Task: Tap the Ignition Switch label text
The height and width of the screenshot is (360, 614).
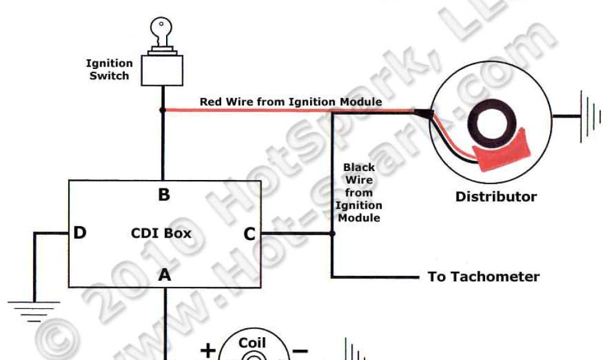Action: pyautogui.click(x=109, y=70)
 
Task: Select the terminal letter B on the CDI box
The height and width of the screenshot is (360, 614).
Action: pyautogui.click(x=163, y=195)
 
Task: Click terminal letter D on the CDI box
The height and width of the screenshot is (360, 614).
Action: pyautogui.click(x=80, y=233)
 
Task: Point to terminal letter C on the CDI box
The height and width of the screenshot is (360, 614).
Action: pyautogui.click(x=249, y=234)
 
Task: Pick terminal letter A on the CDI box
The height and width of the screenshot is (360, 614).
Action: pyautogui.click(x=164, y=275)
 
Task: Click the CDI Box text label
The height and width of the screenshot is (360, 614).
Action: pyautogui.click(x=161, y=233)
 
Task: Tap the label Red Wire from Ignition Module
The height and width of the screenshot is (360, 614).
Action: pyautogui.click(x=291, y=102)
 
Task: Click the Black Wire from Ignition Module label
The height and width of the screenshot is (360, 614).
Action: pyautogui.click(x=359, y=192)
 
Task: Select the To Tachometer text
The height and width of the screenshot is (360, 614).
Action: pyautogui.click(x=483, y=277)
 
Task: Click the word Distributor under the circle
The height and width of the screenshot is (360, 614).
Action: pyautogui.click(x=496, y=197)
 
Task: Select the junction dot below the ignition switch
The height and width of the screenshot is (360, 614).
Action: pyautogui.click(x=162, y=110)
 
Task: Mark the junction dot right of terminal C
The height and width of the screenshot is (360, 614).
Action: pyautogui.click(x=332, y=233)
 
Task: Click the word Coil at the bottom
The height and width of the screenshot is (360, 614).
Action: pyautogui.click(x=252, y=343)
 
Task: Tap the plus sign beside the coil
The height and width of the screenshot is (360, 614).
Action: pyautogui.click(x=207, y=350)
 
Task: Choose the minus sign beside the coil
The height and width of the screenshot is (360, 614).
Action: pyautogui.click(x=301, y=350)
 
